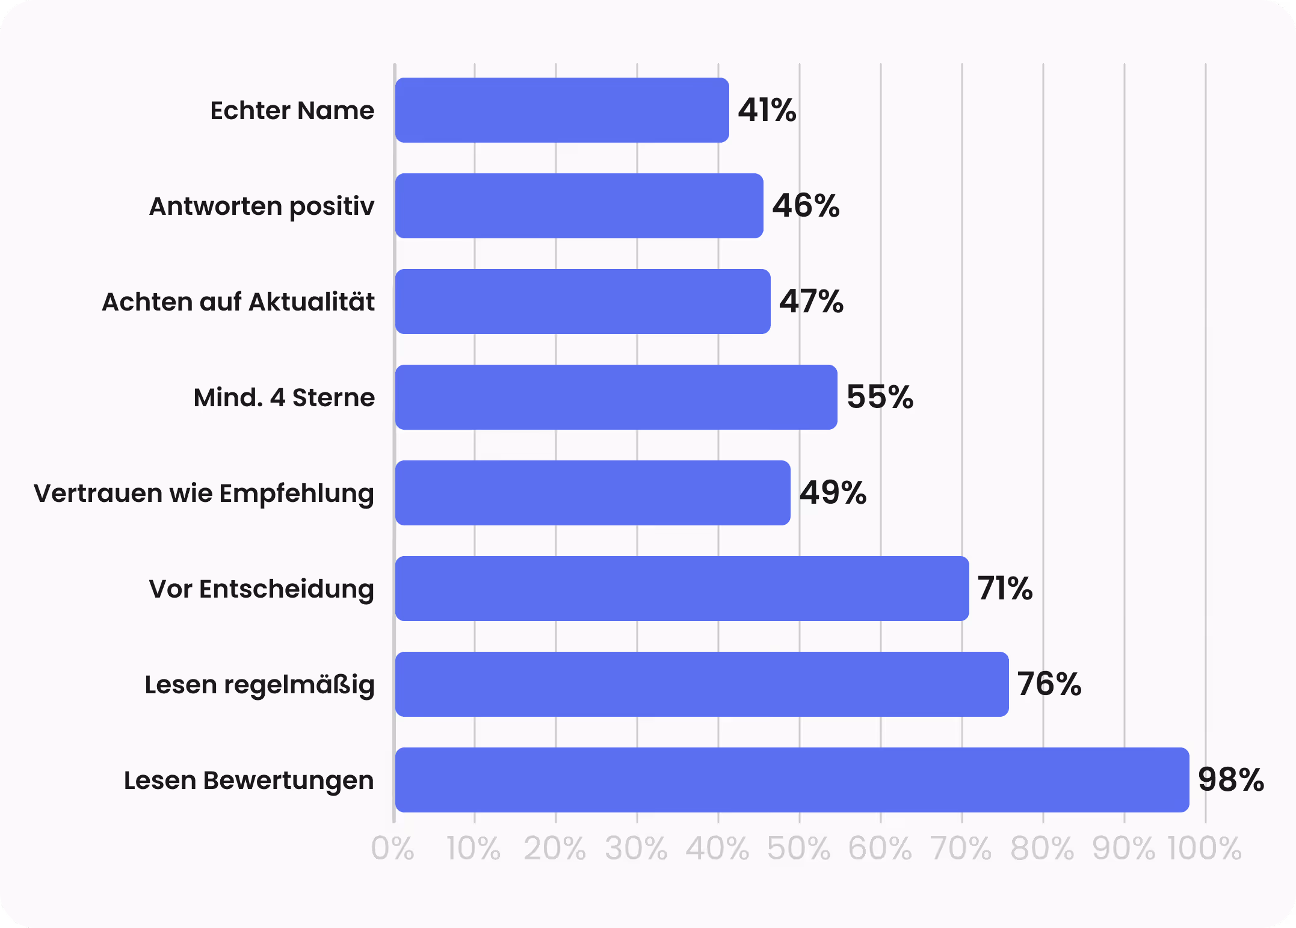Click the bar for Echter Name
point(561,110)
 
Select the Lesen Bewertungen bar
point(792,780)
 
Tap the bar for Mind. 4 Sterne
point(616,397)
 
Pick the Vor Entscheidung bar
point(682,589)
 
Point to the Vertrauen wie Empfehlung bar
point(592,493)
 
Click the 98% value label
point(1230,780)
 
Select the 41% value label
point(767,110)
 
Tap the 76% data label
point(1049,684)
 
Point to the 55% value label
point(880,397)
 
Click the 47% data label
point(811,302)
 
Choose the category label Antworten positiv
point(262,206)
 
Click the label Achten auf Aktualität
point(238,302)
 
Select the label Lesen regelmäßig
point(259,685)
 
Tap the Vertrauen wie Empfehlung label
point(204,493)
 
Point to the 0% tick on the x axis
point(392,849)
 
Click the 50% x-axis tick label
point(798,849)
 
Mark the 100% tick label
point(1205,849)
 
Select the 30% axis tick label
point(636,849)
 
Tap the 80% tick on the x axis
point(1042,849)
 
